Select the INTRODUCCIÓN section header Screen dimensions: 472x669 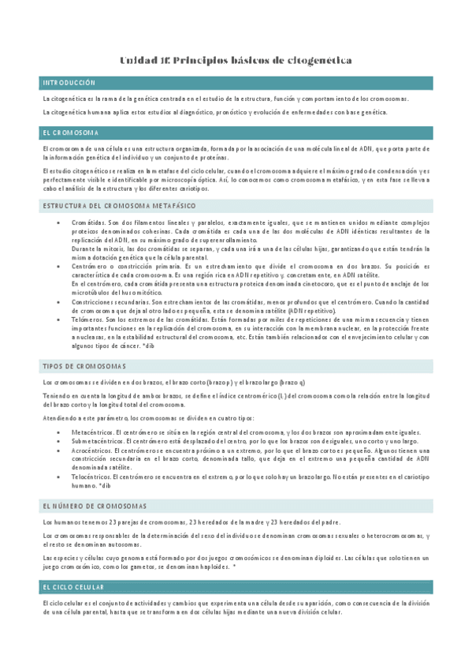pyautogui.click(x=69, y=83)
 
